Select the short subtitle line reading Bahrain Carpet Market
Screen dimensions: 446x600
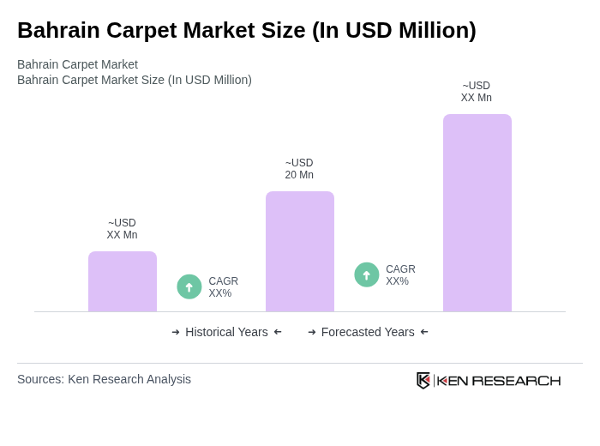click(x=77, y=64)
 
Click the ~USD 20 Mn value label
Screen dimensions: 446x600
click(x=299, y=169)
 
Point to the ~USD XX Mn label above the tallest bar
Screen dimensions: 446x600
click(x=477, y=92)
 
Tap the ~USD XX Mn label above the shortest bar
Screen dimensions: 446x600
click(x=122, y=229)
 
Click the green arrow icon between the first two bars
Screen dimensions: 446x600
click(x=189, y=286)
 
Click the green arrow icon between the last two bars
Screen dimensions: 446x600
click(x=367, y=274)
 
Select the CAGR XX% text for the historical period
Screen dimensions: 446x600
click(x=224, y=287)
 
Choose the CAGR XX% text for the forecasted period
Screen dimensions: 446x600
click(x=400, y=275)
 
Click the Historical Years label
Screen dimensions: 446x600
click(x=226, y=332)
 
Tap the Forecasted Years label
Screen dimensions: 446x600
click(x=368, y=332)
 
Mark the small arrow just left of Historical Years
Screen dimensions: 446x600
click(x=176, y=332)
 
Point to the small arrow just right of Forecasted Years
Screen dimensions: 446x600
click(x=424, y=332)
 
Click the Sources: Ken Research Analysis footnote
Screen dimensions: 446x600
click(x=104, y=379)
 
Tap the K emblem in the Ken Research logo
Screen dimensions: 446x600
click(x=423, y=380)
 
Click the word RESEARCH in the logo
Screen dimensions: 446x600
click(x=516, y=381)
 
